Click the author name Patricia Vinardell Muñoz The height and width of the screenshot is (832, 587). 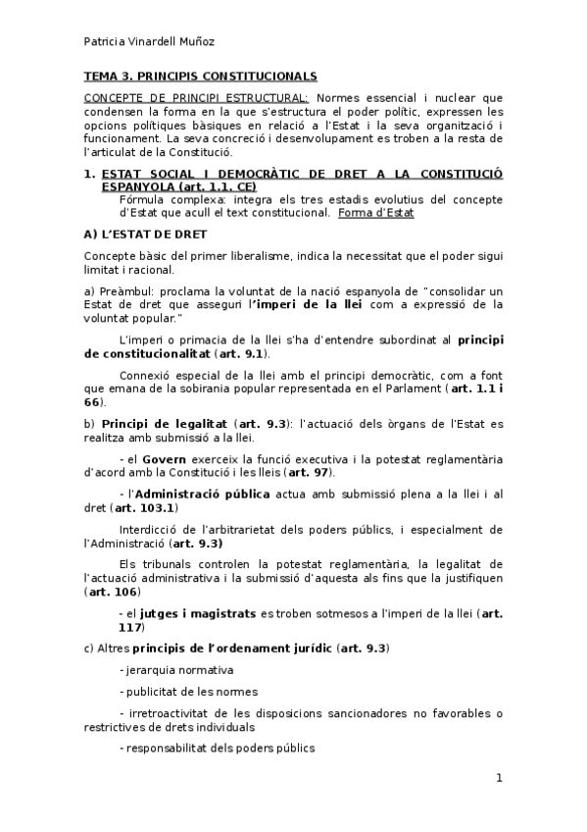148,41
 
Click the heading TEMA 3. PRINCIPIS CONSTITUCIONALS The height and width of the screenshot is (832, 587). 200,76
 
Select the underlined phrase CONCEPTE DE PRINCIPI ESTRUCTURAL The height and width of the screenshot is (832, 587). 196,98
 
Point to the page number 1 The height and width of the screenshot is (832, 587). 499,778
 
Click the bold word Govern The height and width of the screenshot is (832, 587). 165,458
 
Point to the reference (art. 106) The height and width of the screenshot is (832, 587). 112,592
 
